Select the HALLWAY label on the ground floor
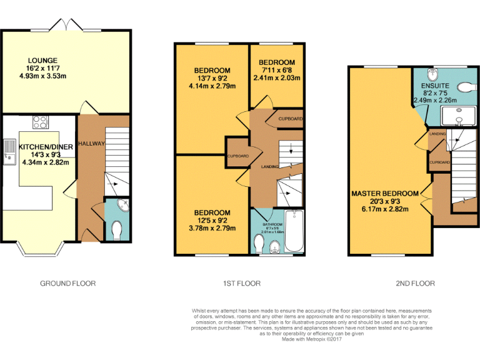91,144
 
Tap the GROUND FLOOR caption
67,283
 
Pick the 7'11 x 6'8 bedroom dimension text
277,71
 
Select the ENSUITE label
435,85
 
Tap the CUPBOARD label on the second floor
439,162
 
